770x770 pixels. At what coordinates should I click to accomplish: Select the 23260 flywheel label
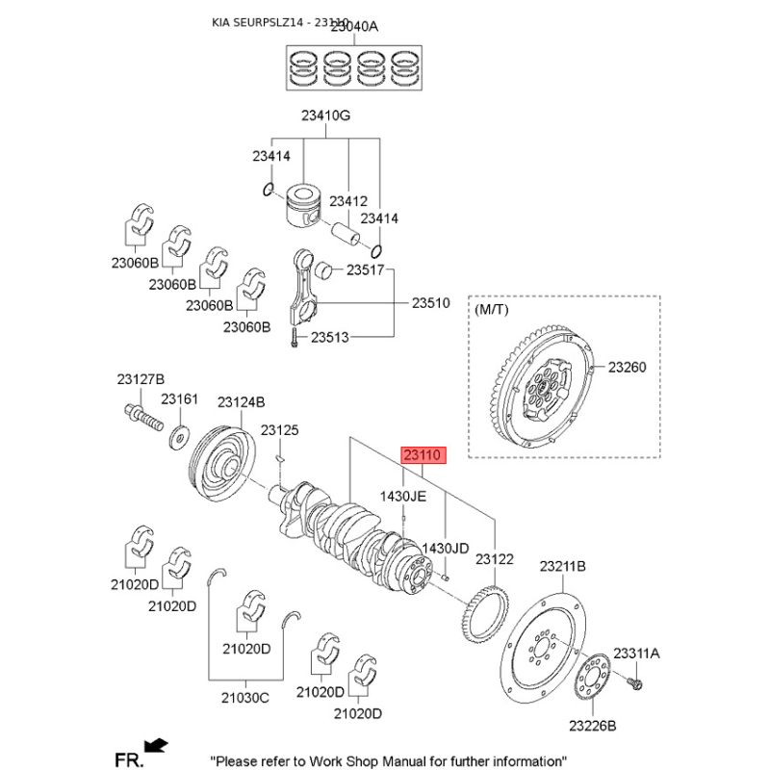coord(628,367)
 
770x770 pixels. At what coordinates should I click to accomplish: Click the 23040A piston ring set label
coord(354,27)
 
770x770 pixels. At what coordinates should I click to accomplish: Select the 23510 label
coord(431,302)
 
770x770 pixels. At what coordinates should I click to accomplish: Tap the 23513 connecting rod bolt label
coord(329,338)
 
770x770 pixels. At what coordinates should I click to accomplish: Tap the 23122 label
coord(495,558)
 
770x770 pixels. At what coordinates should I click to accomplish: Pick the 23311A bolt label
coord(637,654)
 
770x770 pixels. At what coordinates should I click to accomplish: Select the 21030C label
coord(244,697)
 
